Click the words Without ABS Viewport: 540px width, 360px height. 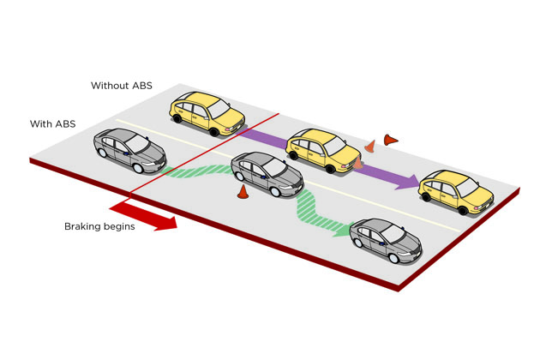coord(121,86)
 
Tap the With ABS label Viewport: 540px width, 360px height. coord(52,123)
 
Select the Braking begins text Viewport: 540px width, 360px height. coord(99,226)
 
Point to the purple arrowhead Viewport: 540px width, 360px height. coord(406,182)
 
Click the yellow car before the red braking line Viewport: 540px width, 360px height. coord(207,113)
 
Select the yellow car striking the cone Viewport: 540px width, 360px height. coord(324,150)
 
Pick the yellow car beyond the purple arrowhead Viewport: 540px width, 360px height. coord(456,192)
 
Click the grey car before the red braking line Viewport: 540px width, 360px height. coord(129,150)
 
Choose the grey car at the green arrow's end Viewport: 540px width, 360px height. coord(386,241)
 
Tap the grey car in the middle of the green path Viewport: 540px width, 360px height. coord(267,174)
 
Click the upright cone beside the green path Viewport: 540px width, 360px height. coord(243,192)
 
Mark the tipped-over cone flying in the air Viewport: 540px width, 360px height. coord(391,139)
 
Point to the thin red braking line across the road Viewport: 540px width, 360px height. coord(205,156)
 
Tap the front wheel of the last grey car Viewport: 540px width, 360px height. coord(393,258)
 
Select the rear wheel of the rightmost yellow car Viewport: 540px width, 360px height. coord(426,197)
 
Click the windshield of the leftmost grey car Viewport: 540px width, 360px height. coord(137,144)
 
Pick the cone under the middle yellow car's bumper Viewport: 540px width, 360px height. coord(358,163)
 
